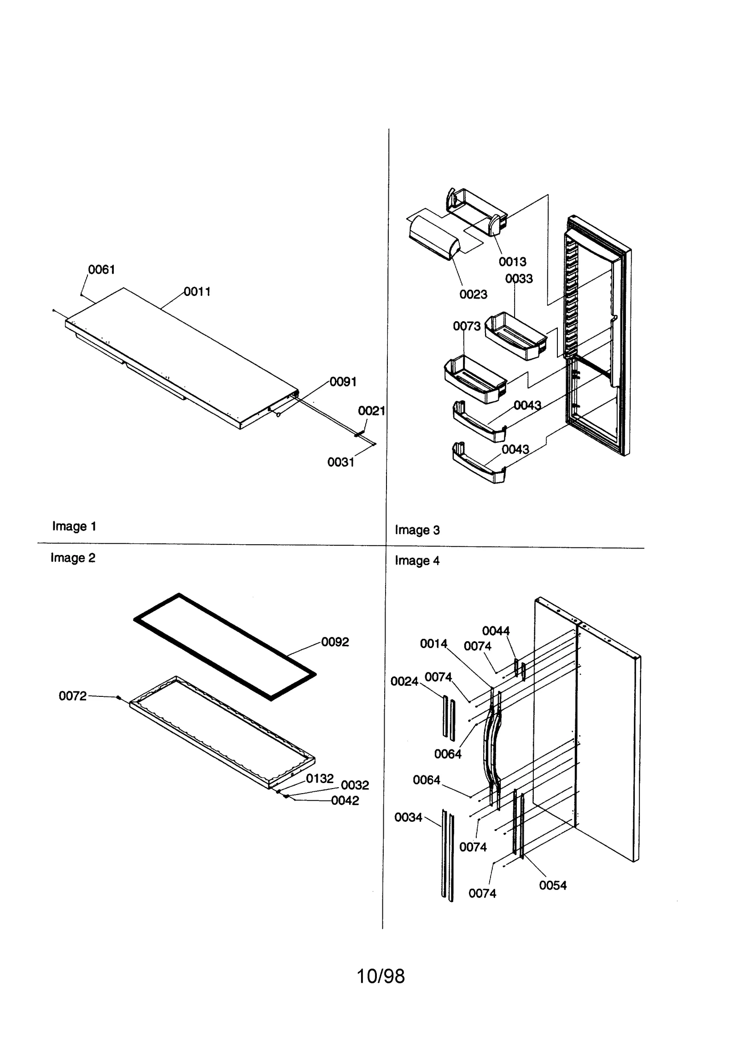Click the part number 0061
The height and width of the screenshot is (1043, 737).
click(x=101, y=270)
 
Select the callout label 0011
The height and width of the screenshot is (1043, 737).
click(x=197, y=291)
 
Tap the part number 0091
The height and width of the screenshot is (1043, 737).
click(x=343, y=382)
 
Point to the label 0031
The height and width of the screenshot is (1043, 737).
click(x=341, y=462)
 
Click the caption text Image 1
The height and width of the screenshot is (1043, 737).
click(x=74, y=526)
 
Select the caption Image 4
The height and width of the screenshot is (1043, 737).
click(x=417, y=561)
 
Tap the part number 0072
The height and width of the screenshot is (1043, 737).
click(x=72, y=696)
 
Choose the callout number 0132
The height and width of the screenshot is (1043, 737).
click(x=320, y=778)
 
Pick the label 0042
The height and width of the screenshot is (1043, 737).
click(x=345, y=801)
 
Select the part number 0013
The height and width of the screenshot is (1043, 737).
click(x=512, y=262)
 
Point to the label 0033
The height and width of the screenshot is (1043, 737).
click(x=519, y=278)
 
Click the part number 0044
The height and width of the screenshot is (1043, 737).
click(x=496, y=631)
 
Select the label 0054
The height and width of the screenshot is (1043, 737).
click(x=553, y=885)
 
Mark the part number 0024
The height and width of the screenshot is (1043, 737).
click(x=404, y=681)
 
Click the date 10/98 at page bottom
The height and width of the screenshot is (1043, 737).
click(x=381, y=977)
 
